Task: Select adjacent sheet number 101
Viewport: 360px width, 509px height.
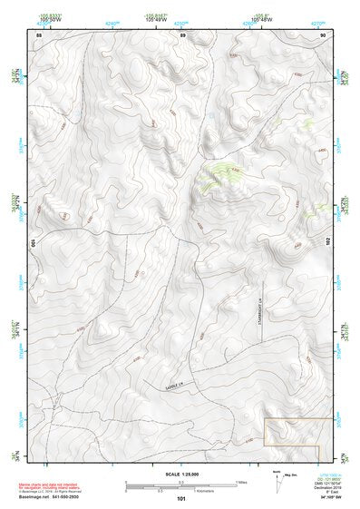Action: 181,499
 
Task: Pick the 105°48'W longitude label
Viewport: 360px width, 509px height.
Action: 262,19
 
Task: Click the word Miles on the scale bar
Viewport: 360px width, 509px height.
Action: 242,481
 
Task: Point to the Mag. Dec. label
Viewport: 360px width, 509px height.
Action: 290,475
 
